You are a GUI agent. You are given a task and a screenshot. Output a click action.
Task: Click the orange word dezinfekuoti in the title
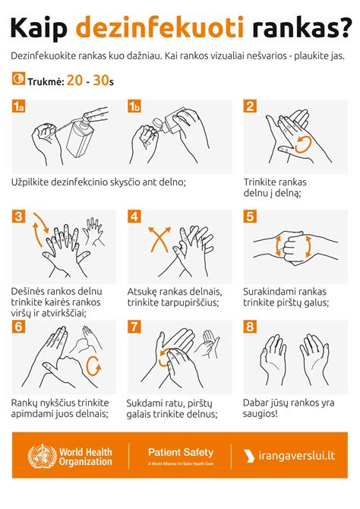pos(159,29)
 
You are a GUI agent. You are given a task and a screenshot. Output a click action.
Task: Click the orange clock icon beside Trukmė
pos(18,79)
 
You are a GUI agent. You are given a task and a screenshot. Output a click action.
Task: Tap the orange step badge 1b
pos(135,107)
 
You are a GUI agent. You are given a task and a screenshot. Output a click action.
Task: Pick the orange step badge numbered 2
pos(250,107)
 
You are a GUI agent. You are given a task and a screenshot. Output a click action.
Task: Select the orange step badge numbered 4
pos(135,217)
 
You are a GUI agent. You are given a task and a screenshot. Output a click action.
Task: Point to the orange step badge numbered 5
pos(250,217)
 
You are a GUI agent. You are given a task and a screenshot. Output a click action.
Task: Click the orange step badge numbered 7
pos(135,327)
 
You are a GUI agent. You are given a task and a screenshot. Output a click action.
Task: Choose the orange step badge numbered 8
pos(250,327)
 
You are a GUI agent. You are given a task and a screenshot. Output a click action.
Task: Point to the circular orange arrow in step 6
pos(94,367)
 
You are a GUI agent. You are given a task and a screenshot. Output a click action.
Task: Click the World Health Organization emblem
pos(41,456)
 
